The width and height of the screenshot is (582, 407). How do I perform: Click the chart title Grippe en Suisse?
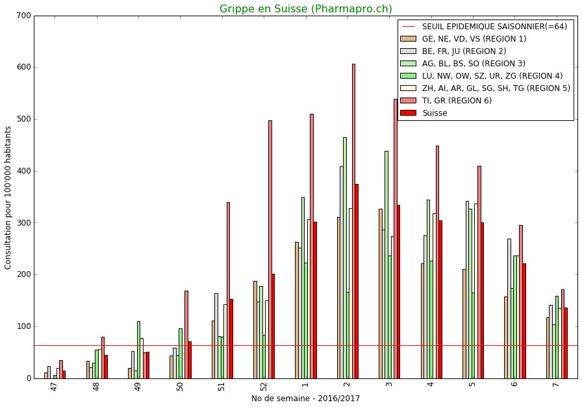305,9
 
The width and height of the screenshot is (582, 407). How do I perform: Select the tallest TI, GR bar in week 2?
353,221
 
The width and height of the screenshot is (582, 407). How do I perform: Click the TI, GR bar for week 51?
228,290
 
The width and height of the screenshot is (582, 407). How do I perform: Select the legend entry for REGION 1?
474,39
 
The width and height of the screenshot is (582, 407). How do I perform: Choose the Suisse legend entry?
435,113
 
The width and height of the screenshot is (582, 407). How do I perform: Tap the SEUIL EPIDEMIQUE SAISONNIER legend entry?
494,27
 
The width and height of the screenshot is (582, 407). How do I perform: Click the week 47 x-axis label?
55,386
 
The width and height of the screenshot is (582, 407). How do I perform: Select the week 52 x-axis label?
264,386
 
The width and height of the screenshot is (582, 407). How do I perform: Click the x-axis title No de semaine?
305,399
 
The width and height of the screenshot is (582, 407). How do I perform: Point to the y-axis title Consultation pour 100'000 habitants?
8,198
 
